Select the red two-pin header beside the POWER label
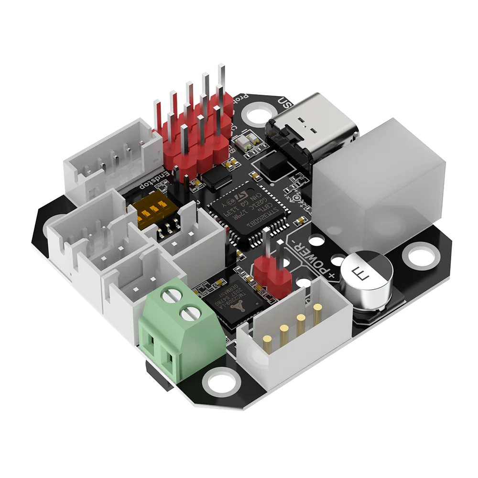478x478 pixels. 272,277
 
